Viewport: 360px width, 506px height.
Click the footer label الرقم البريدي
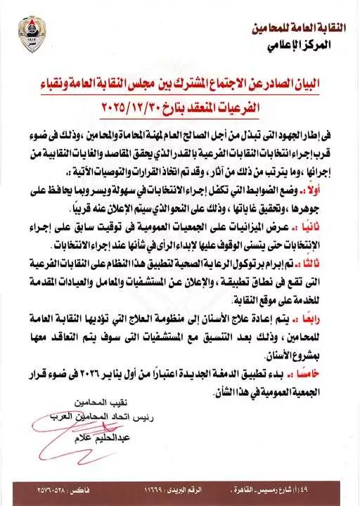pos(193,486)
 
